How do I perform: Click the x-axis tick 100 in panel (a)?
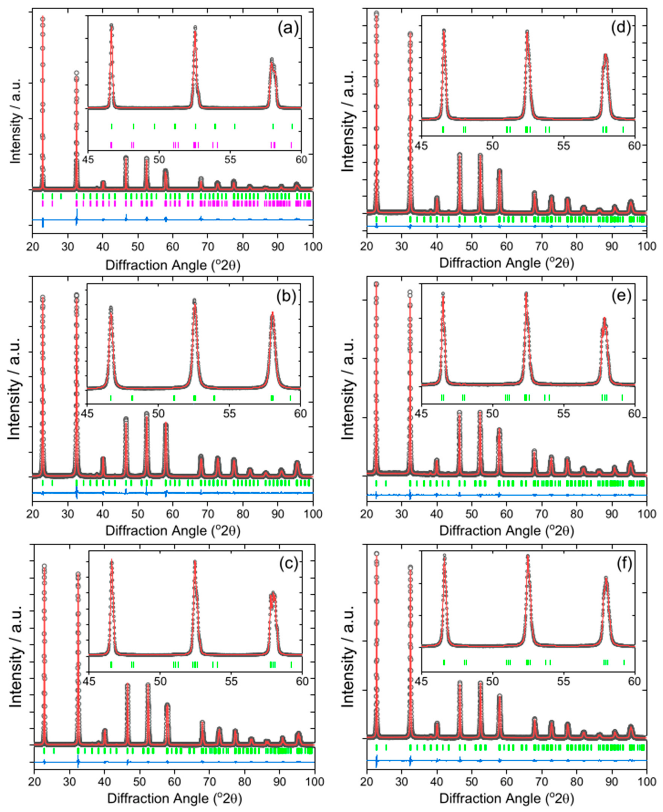pyautogui.click(x=313, y=246)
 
